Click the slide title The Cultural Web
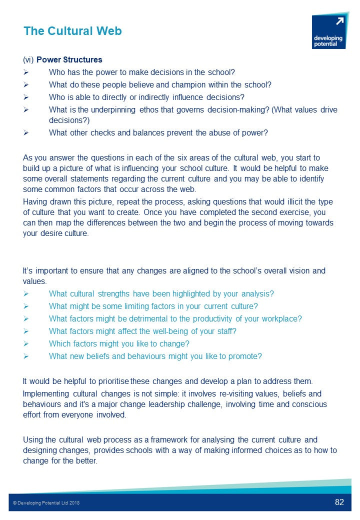(x=72, y=31)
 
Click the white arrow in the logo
(x=340, y=21)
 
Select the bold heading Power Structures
(x=69, y=60)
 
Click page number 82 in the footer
(x=339, y=502)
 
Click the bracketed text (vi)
(x=28, y=60)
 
